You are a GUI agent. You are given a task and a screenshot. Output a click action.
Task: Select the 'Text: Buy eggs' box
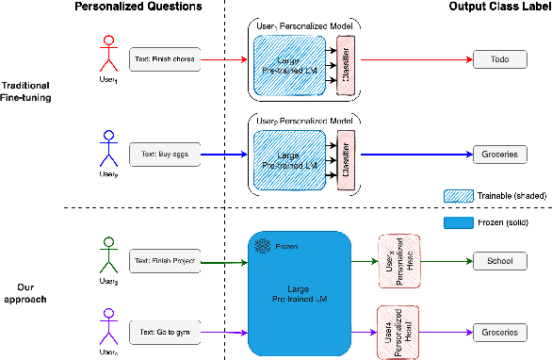pyautogui.click(x=165, y=150)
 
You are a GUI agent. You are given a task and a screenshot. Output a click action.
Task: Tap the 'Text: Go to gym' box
pyautogui.click(x=165, y=332)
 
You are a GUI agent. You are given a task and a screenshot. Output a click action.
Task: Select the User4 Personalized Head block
pyautogui.click(x=397, y=331)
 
